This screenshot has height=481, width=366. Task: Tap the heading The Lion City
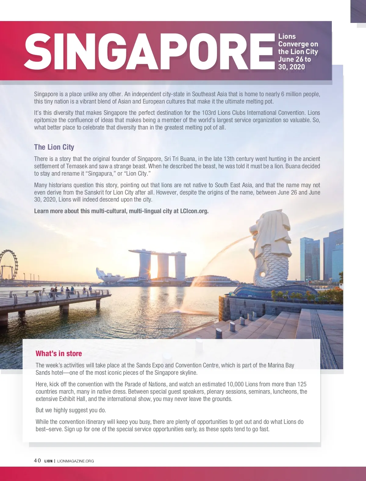(54, 147)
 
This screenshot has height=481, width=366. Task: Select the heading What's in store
(59, 354)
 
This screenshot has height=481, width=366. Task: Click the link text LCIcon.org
(194, 211)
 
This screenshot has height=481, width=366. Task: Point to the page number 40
(37, 461)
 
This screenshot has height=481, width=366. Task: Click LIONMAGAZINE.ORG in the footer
(76, 461)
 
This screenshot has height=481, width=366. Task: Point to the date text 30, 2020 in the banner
(291, 67)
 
